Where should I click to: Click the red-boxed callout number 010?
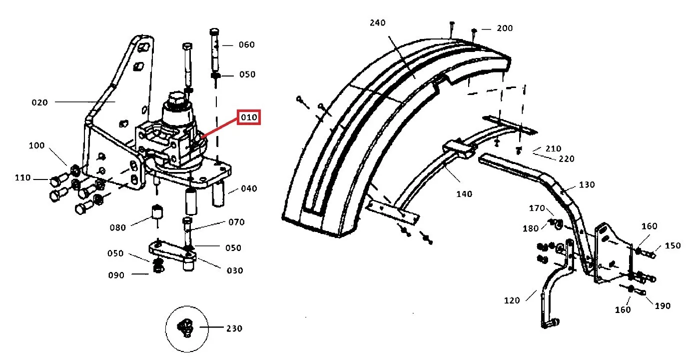tap(249, 117)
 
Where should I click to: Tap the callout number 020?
tap(40, 102)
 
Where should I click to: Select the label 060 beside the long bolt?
tap(247, 44)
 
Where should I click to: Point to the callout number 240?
tap(378, 22)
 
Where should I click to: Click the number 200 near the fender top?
tap(505, 28)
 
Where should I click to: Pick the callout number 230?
tap(234, 328)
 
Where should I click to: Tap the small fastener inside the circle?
tap(185, 328)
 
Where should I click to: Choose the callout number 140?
tap(464, 194)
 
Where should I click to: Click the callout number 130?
tap(587, 184)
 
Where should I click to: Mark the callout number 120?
tap(512, 300)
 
